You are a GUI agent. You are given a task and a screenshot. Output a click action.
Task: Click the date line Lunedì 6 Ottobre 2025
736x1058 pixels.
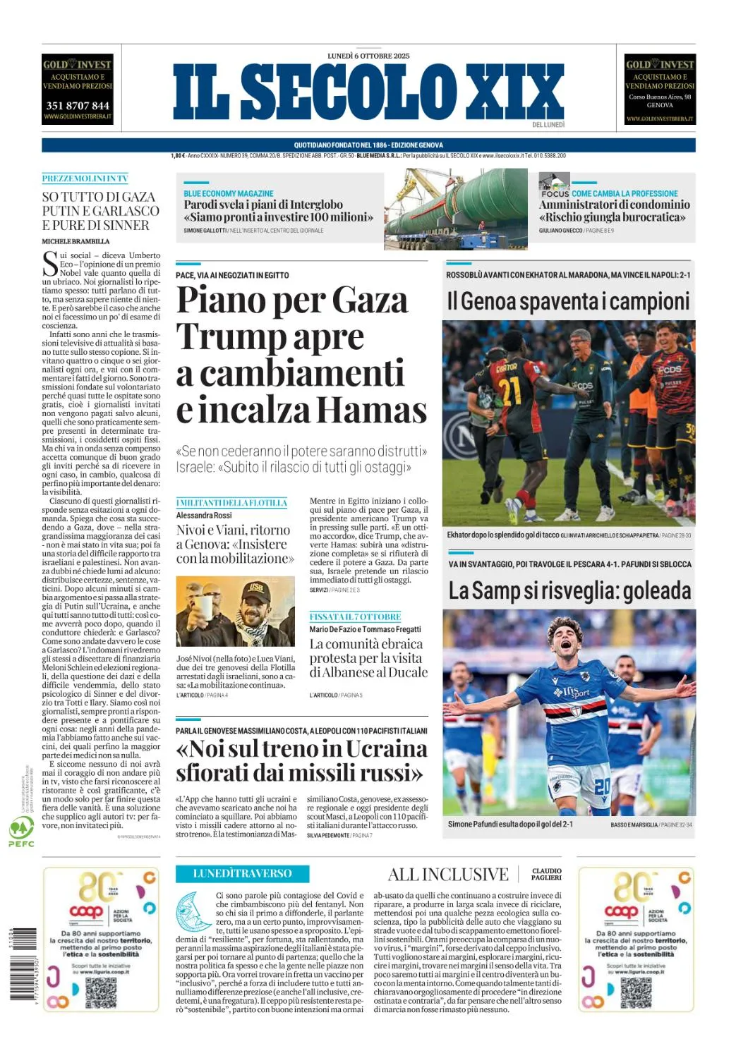click(368, 56)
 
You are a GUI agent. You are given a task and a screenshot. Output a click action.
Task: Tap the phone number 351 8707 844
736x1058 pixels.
click(78, 106)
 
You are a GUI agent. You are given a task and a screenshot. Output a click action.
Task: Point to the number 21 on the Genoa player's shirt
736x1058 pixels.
click(509, 390)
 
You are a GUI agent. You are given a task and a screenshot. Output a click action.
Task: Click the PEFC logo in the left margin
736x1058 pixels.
click(20, 832)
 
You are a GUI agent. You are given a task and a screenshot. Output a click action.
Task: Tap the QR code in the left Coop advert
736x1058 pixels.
click(101, 992)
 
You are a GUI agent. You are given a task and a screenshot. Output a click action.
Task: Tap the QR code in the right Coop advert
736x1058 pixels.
click(636, 992)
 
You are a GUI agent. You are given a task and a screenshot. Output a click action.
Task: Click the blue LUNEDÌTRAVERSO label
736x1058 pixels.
click(242, 873)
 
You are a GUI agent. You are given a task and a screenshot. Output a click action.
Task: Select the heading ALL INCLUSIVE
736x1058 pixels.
click(448, 875)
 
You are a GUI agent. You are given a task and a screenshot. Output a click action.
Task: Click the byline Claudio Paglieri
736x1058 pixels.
click(546, 875)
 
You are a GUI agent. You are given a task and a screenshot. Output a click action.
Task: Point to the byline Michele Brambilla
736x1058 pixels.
click(76, 241)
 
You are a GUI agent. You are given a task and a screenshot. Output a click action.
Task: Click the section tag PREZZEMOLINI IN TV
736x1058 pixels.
click(85, 179)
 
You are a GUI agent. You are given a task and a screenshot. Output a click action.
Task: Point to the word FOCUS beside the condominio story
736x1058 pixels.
click(555, 193)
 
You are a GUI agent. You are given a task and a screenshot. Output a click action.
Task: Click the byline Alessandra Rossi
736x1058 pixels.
click(204, 516)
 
